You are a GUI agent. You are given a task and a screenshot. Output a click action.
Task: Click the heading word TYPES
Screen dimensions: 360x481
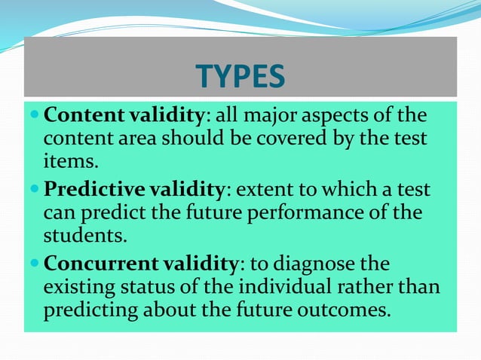240,76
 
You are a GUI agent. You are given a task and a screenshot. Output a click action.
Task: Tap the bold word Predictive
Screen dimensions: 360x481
86,192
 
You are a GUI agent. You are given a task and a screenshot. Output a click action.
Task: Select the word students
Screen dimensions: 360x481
84,235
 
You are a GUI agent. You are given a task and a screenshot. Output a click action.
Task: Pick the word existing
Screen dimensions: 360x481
79,288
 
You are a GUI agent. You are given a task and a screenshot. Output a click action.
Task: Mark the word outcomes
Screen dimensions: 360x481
342,310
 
